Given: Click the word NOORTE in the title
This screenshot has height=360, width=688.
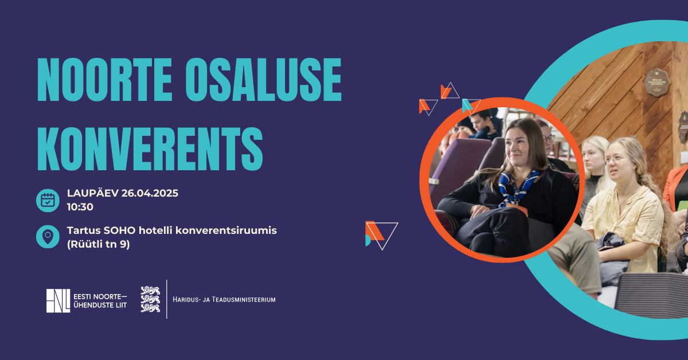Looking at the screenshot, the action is [x=104, y=80].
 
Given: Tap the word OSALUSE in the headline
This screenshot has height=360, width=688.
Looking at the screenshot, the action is [x=264, y=80].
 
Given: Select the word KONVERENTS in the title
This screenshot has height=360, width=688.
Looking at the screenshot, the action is [x=150, y=148].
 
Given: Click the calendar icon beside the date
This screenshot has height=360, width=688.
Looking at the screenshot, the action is [x=48, y=200].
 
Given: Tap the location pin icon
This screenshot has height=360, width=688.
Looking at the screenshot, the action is [x=48, y=237].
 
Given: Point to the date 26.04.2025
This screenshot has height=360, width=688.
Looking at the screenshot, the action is [x=150, y=193].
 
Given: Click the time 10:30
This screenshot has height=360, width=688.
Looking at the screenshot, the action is [x=80, y=207].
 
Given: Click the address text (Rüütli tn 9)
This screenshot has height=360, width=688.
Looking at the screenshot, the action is [x=99, y=245].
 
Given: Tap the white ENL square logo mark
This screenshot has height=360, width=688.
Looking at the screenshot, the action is [x=58, y=301].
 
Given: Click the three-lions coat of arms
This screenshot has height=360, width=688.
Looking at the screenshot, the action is [x=150, y=299].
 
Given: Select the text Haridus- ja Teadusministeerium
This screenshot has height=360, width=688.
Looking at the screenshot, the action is [x=224, y=299].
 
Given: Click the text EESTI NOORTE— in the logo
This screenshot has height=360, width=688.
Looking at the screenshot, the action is [x=100, y=297].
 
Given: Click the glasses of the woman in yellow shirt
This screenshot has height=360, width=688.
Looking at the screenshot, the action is [x=615, y=160].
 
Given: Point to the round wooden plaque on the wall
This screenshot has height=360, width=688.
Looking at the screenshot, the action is [x=657, y=83].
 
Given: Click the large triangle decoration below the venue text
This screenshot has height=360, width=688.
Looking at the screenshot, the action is [x=381, y=235].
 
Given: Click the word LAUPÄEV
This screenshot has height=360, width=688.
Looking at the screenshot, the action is [x=93, y=193].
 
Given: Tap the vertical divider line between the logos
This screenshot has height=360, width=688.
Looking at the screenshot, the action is [x=167, y=299].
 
